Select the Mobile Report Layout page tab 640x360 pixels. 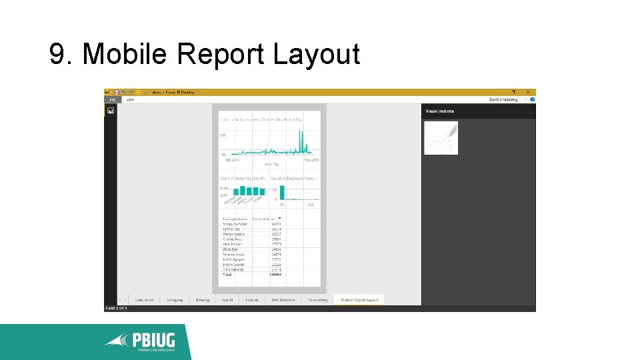[359, 300]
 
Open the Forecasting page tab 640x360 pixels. [317, 300]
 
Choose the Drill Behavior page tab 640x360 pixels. [283, 300]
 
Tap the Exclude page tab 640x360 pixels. [252, 300]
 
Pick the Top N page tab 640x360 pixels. [227, 300]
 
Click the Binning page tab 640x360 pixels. [202, 300]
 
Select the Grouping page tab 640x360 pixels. [175, 300]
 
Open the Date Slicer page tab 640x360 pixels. [145, 300]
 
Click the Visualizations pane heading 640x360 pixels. [440, 111]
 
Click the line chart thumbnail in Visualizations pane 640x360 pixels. [441, 138]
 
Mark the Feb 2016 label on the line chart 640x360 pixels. [231, 160]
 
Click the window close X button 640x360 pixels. [528, 92]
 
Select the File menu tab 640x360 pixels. [113, 99]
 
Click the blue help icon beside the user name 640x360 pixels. [533, 99]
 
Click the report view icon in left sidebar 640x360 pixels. [111, 111]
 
